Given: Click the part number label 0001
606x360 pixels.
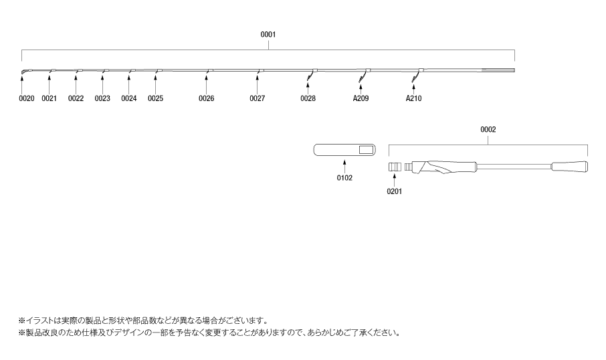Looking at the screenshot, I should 268,34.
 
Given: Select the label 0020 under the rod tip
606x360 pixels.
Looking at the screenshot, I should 27,98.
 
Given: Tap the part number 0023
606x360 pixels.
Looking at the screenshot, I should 102,98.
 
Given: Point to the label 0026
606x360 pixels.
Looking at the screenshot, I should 207,98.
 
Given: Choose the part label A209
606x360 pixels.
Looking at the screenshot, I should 361,98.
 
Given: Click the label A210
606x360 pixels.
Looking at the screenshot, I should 414,98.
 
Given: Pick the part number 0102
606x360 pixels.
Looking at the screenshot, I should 344,179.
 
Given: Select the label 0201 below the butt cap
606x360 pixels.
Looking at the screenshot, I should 395,191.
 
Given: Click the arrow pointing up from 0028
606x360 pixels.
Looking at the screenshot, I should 308,87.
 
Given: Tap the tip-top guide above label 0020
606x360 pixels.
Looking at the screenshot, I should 23,72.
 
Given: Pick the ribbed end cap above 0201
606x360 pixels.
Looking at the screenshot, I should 394,166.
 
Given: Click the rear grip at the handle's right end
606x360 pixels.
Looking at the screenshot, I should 571,166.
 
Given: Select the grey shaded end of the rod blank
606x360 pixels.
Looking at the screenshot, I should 499,70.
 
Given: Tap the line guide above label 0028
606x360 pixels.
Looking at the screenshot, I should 311,75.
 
